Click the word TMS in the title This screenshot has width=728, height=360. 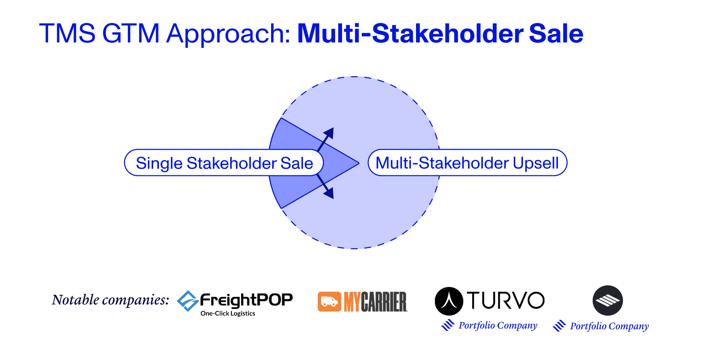tap(67, 33)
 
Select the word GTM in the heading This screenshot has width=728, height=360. tap(131, 33)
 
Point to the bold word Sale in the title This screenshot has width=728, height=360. tap(556, 33)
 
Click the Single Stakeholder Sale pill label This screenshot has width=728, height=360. tap(224, 163)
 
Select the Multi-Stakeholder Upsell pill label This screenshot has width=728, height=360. tap(468, 163)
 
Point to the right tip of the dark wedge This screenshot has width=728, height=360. tap(359, 163)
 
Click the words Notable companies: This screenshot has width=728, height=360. tap(111, 300)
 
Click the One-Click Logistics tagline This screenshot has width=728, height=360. tap(228, 313)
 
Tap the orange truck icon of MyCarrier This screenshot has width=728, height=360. tap(329, 302)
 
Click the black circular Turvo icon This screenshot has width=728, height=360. tap(449, 301)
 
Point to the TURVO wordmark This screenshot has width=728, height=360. tap(506, 301)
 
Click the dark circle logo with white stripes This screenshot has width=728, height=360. tap(608, 301)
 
